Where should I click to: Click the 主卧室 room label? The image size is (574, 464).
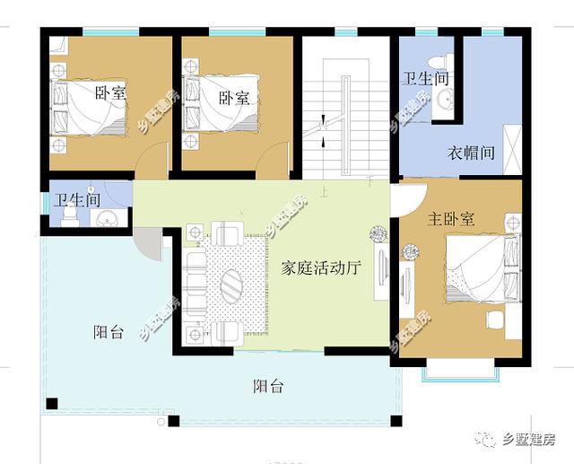click(450, 219)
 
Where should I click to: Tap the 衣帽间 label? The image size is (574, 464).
click(471, 153)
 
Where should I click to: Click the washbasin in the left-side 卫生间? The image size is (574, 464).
click(108, 219)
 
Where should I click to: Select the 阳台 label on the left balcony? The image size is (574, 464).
click(108, 332)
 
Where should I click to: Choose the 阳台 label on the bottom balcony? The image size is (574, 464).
click(267, 387)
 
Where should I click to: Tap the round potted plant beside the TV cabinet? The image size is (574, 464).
click(377, 236)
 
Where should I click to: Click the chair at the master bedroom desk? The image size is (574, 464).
click(493, 320)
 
